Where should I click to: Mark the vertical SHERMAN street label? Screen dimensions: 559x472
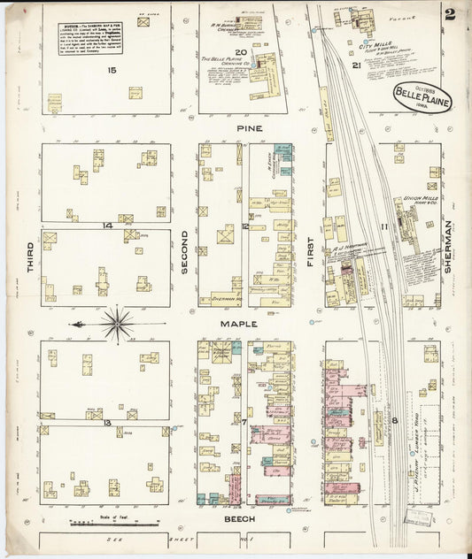[x=448, y=241]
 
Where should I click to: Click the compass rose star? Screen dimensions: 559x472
[x=117, y=325]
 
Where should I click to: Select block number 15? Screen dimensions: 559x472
[x=112, y=69]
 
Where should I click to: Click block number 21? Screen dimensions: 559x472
[x=355, y=65]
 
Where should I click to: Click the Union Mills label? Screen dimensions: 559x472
[x=421, y=199]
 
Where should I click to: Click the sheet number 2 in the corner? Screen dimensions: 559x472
[x=450, y=13]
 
